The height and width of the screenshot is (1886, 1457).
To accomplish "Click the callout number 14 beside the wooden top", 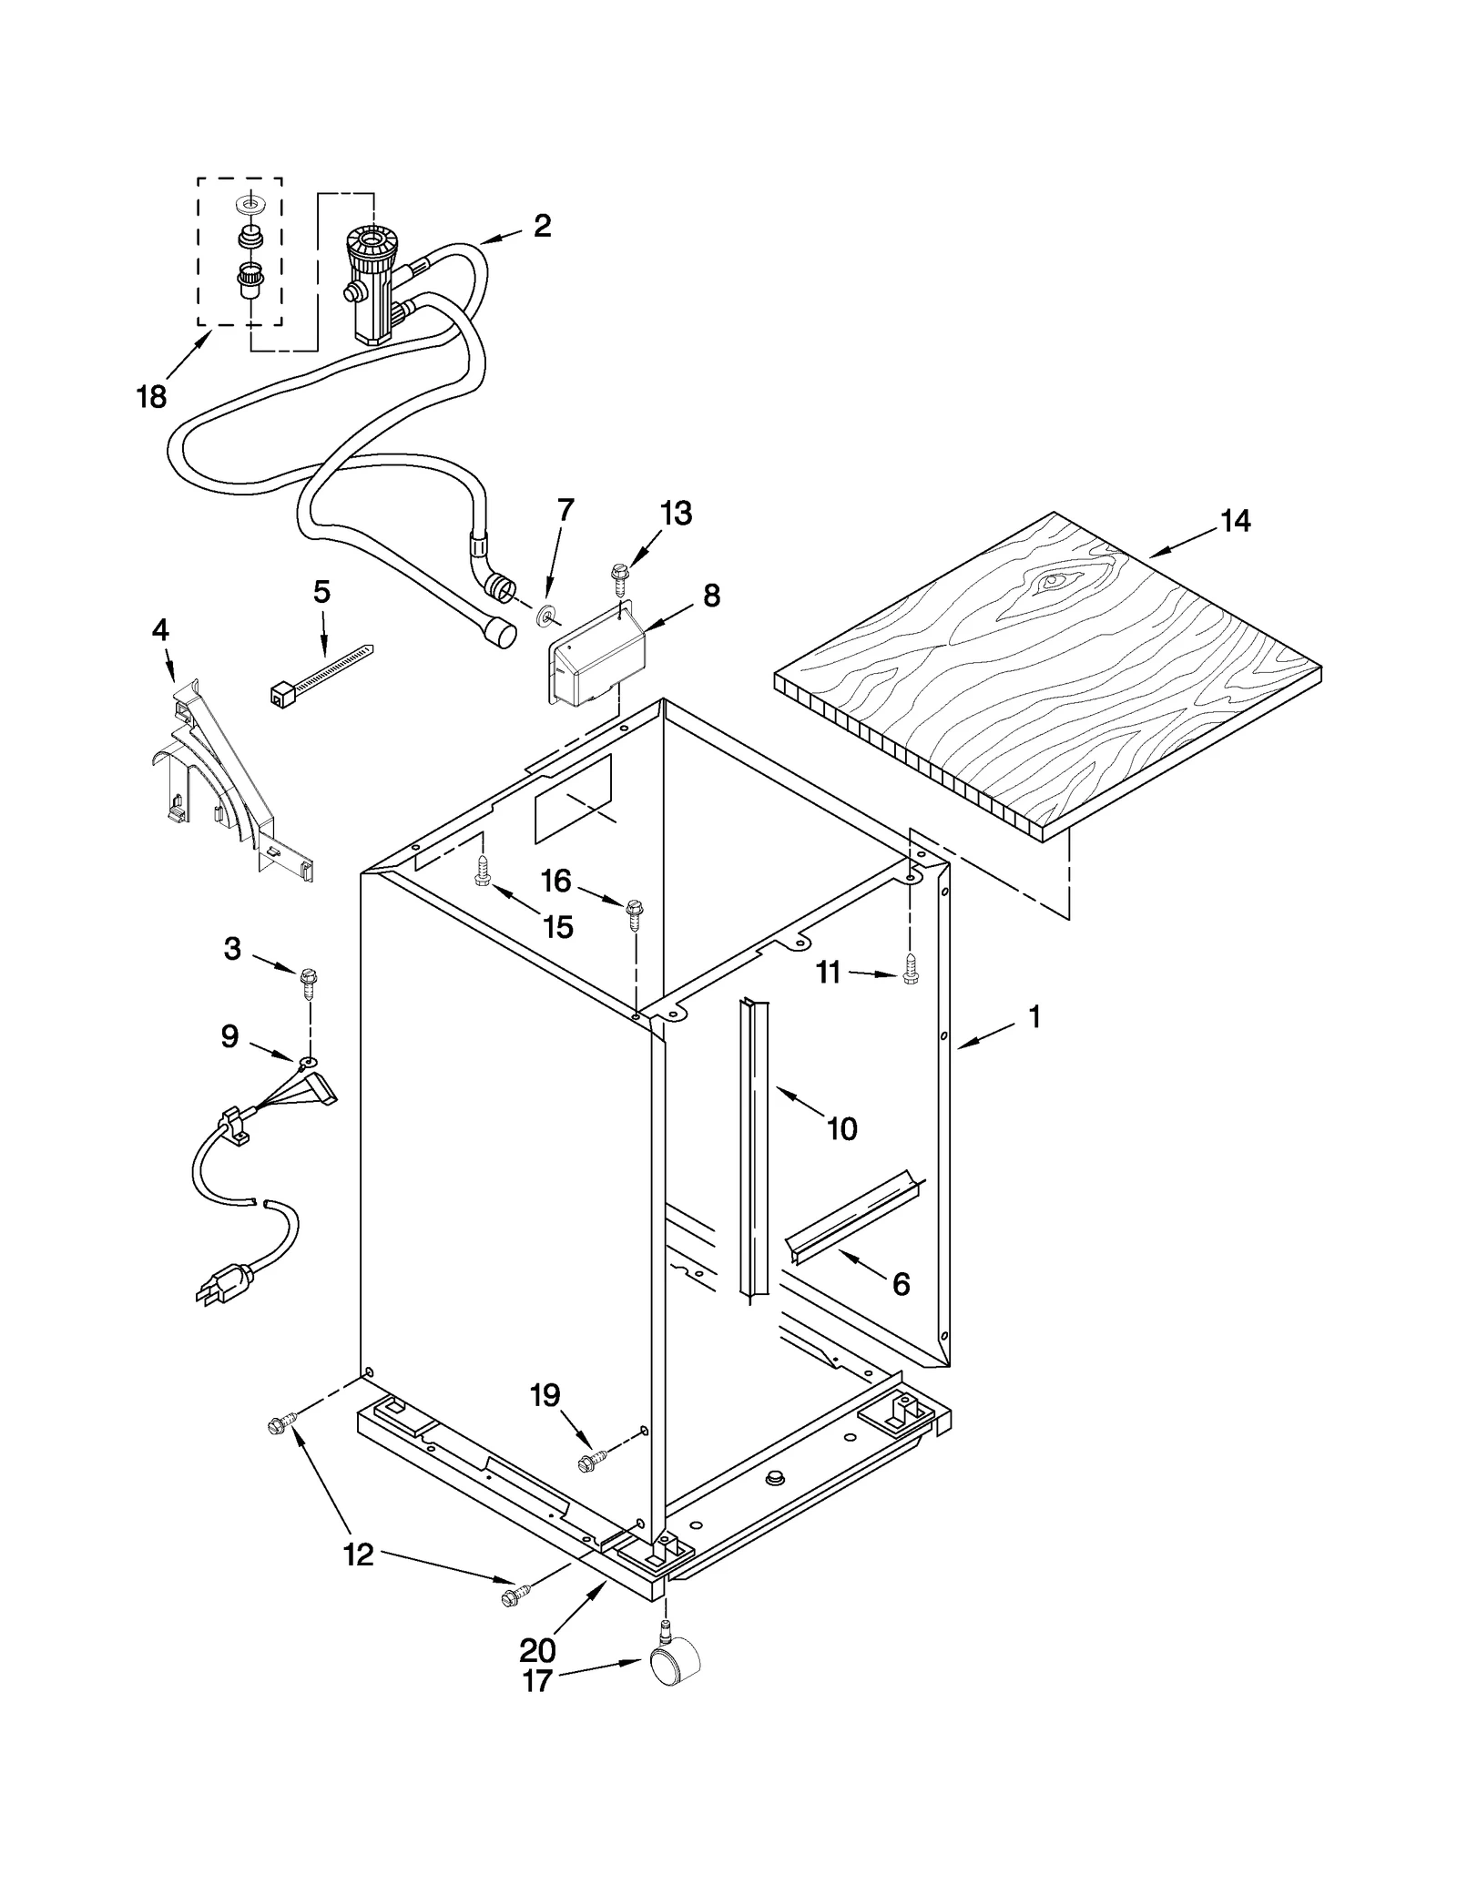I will tap(1236, 521).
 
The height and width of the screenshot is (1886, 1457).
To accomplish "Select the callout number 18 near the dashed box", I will tap(152, 396).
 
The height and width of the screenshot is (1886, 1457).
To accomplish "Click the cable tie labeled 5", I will tap(321, 676).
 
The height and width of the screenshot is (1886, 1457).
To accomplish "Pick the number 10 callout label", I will tap(841, 1129).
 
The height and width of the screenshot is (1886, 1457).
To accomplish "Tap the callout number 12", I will tap(359, 1555).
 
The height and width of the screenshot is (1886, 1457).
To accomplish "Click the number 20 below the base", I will tap(537, 1649).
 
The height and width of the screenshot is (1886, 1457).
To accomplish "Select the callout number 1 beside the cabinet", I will tap(1034, 1016).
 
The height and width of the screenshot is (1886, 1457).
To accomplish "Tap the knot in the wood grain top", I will tap(1056, 580).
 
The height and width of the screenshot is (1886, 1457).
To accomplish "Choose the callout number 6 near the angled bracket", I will tap(901, 1284).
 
